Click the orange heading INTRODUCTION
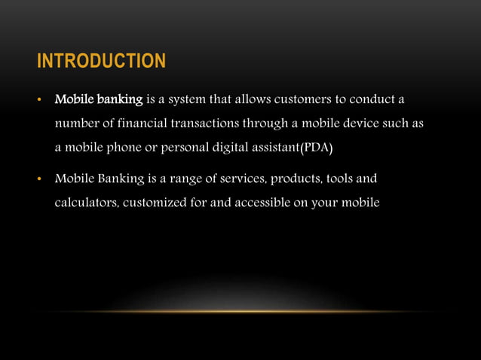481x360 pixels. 101,61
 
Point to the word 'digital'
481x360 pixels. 224,146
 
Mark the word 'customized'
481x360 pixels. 155,203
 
